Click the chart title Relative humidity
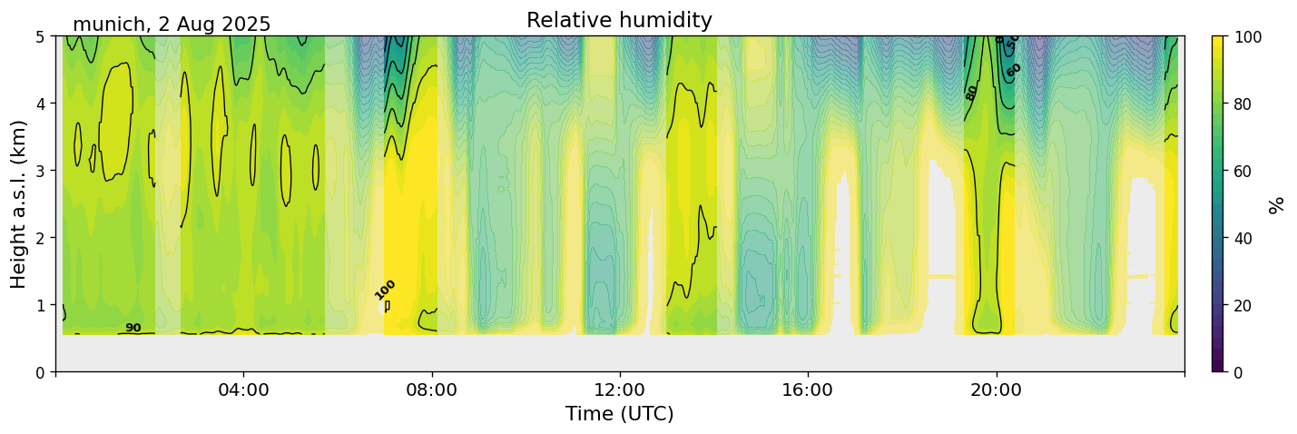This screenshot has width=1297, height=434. pyautogui.click(x=619, y=21)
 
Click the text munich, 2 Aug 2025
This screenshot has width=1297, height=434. pyautogui.click(x=172, y=25)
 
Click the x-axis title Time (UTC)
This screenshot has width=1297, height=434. pyautogui.click(x=619, y=414)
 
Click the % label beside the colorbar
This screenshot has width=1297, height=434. pyautogui.click(x=1278, y=204)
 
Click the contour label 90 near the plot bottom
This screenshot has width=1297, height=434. pyautogui.click(x=133, y=328)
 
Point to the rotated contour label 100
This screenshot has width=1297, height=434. pyautogui.click(x=386, y=290)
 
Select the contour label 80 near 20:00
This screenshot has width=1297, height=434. pyautogui.click(x=972, y=92)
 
